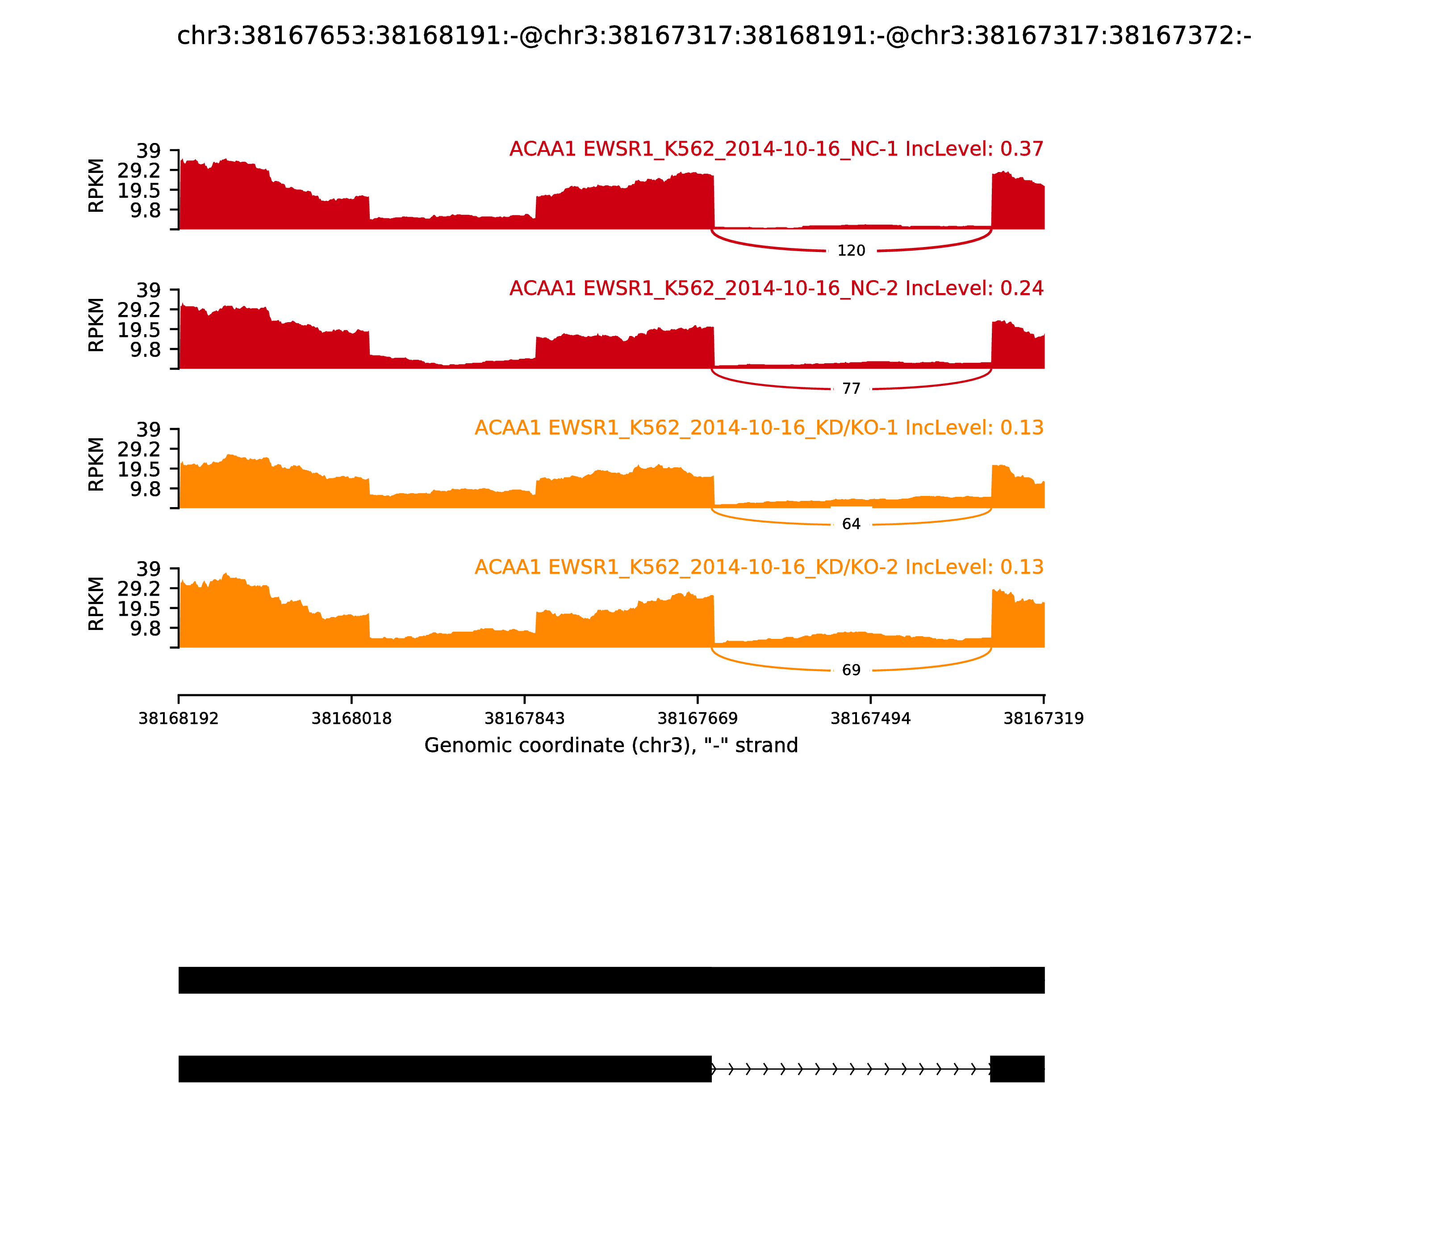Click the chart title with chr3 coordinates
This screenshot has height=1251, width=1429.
714,36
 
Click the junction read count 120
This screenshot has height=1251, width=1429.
851,251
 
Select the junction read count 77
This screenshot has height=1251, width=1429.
851,389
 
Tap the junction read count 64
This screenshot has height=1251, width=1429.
851,524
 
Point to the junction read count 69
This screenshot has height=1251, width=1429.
851,670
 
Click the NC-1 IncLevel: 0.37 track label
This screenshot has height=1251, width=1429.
776,149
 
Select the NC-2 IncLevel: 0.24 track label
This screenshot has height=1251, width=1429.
776,288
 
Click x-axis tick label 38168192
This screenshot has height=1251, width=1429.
179,719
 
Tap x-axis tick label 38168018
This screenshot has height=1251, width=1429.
352,719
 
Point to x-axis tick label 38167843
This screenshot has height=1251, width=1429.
525,719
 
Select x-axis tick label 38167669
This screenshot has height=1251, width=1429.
698,719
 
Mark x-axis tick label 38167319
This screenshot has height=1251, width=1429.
1043,719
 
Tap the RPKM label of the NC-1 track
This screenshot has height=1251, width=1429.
96,186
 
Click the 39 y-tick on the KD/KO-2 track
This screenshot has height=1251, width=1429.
148,569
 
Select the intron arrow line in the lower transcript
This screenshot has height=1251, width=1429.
851,1069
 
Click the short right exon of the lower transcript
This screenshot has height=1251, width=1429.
1017,1069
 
